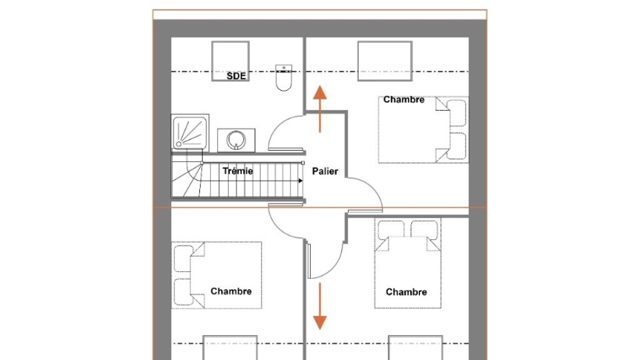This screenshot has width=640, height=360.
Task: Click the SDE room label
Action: pyautogui.click(x=236, y=76)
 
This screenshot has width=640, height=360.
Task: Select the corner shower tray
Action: pyautogui.click(x=187, y=132)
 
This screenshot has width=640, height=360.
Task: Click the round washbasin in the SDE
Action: pyautogui.click(x=236, y=139)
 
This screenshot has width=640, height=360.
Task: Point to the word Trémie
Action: pyautogui.click(x=237, y=171)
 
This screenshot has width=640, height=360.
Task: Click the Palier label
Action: pyautogui.click(x=325, y=171)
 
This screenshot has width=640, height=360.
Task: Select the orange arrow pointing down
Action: pyautogui.click(x=319, y=306)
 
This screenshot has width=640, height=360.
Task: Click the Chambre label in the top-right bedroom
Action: pyautogui.click(x=404, y=99)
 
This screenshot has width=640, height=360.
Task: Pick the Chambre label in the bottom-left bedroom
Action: pyautogui.click(x=231, y=291)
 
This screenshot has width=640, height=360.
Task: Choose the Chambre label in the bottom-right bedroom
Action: pyautogui.click(x=406, y=292)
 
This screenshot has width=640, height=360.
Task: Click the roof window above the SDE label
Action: pyautogui.click(x=231, y=57)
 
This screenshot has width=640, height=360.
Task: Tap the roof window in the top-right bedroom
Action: pyautogui.click(x=384, y=60)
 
